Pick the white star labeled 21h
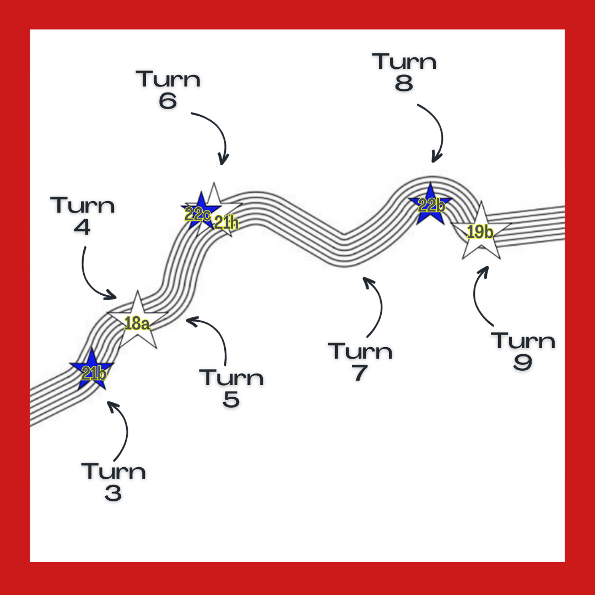[x=221, y=215]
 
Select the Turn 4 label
[x=83, y=215]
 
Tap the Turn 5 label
[x=231, y=388]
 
